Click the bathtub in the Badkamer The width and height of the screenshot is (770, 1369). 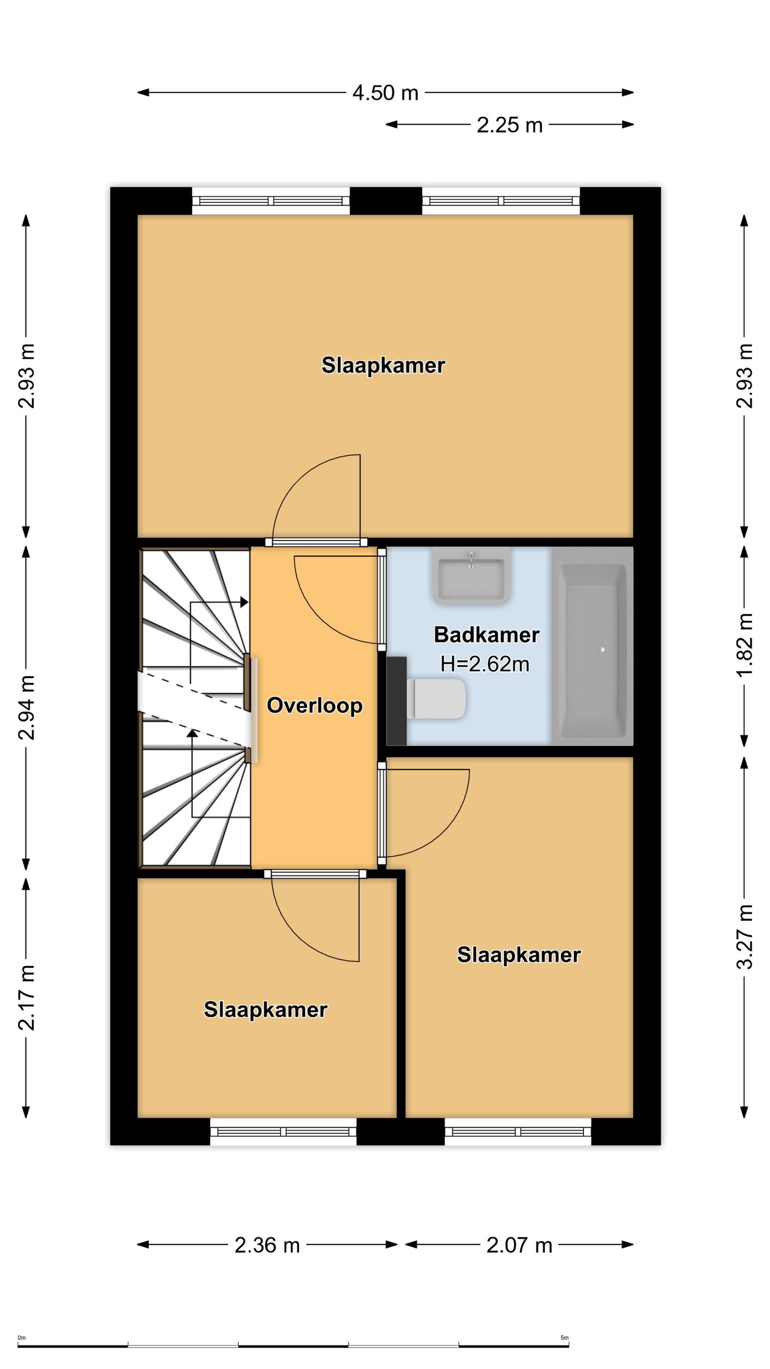pyautogui.click(x=592, y=645)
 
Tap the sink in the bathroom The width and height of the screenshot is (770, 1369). pyautogui.click(x=471, y=576)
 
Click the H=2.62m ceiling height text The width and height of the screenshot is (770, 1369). pyautogui.click(x=485, y=664)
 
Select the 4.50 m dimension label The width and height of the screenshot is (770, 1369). pyautogui.click(x=385, y=93)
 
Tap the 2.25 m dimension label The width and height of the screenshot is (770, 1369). pyautogui.click(x=510, y=125)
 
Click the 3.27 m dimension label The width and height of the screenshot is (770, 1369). pyautogui.click(x=745, y=937)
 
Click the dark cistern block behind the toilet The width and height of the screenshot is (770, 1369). pyautogui.click(x=396, y=701)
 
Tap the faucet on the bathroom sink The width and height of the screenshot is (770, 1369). pyautogui.click(x=471, y=560)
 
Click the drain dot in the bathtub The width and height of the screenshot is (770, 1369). pyautogui.click(x=603, y=650)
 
